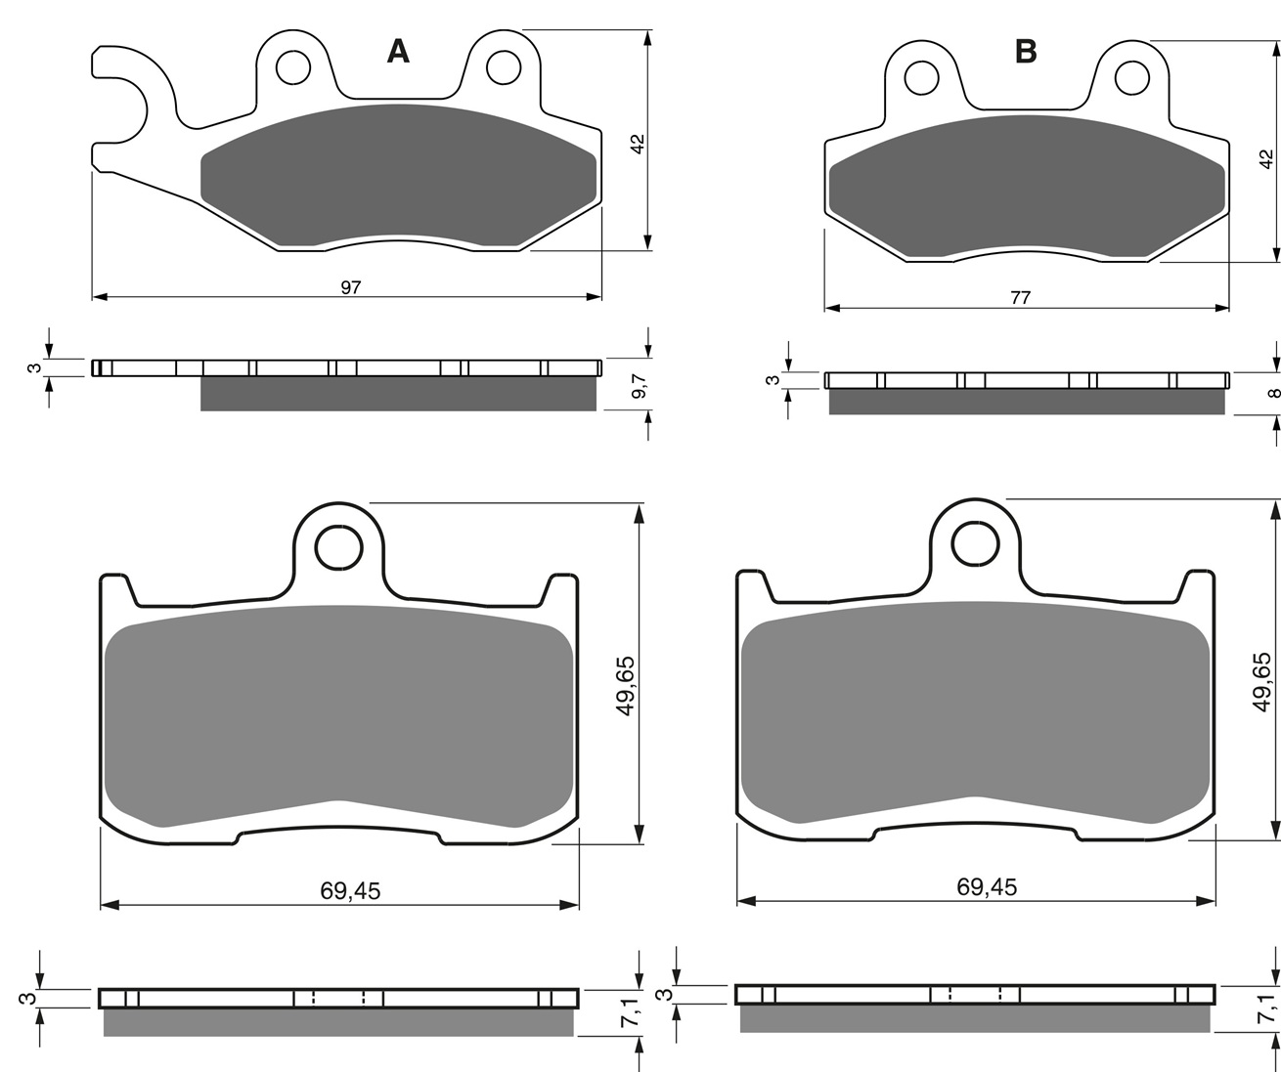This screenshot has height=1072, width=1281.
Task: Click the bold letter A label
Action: (398, 52)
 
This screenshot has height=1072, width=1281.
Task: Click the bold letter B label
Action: (1026, 52)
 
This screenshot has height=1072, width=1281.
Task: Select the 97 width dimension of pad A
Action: (351, 287)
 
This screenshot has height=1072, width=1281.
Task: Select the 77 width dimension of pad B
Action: (1020, 298)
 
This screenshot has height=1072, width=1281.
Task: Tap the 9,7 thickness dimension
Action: (639, 387)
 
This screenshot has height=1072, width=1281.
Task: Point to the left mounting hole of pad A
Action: (293, 67)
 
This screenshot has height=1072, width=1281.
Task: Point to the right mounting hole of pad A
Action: (504, 67)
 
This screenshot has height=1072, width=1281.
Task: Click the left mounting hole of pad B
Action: (921, 78)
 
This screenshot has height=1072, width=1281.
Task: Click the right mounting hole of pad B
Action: (1132, 78)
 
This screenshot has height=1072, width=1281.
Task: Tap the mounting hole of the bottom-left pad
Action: (338, 547)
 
